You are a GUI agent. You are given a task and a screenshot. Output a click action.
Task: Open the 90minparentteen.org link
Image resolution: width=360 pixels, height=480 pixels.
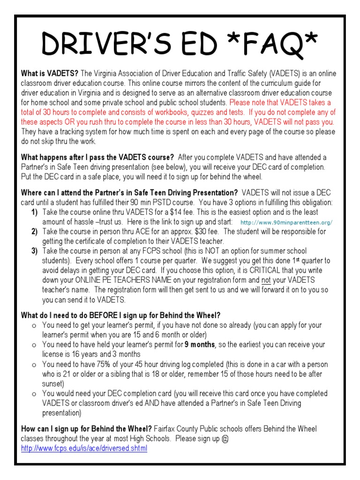pyautogui.click(x=285, y=222)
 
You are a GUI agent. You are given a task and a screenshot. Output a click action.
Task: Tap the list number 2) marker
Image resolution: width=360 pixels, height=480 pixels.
pyautogui.click(x=35, y=232)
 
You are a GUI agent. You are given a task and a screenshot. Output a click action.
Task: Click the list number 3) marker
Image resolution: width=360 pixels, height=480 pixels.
pyautogui.click(x=35, y=251)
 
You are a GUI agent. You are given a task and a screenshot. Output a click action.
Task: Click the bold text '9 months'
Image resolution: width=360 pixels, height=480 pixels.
pyautogui.click(x=200, y=345)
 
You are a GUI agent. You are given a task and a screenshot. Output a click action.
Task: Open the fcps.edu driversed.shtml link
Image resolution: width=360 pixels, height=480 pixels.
pyautogui.click(x=84, y=449)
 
